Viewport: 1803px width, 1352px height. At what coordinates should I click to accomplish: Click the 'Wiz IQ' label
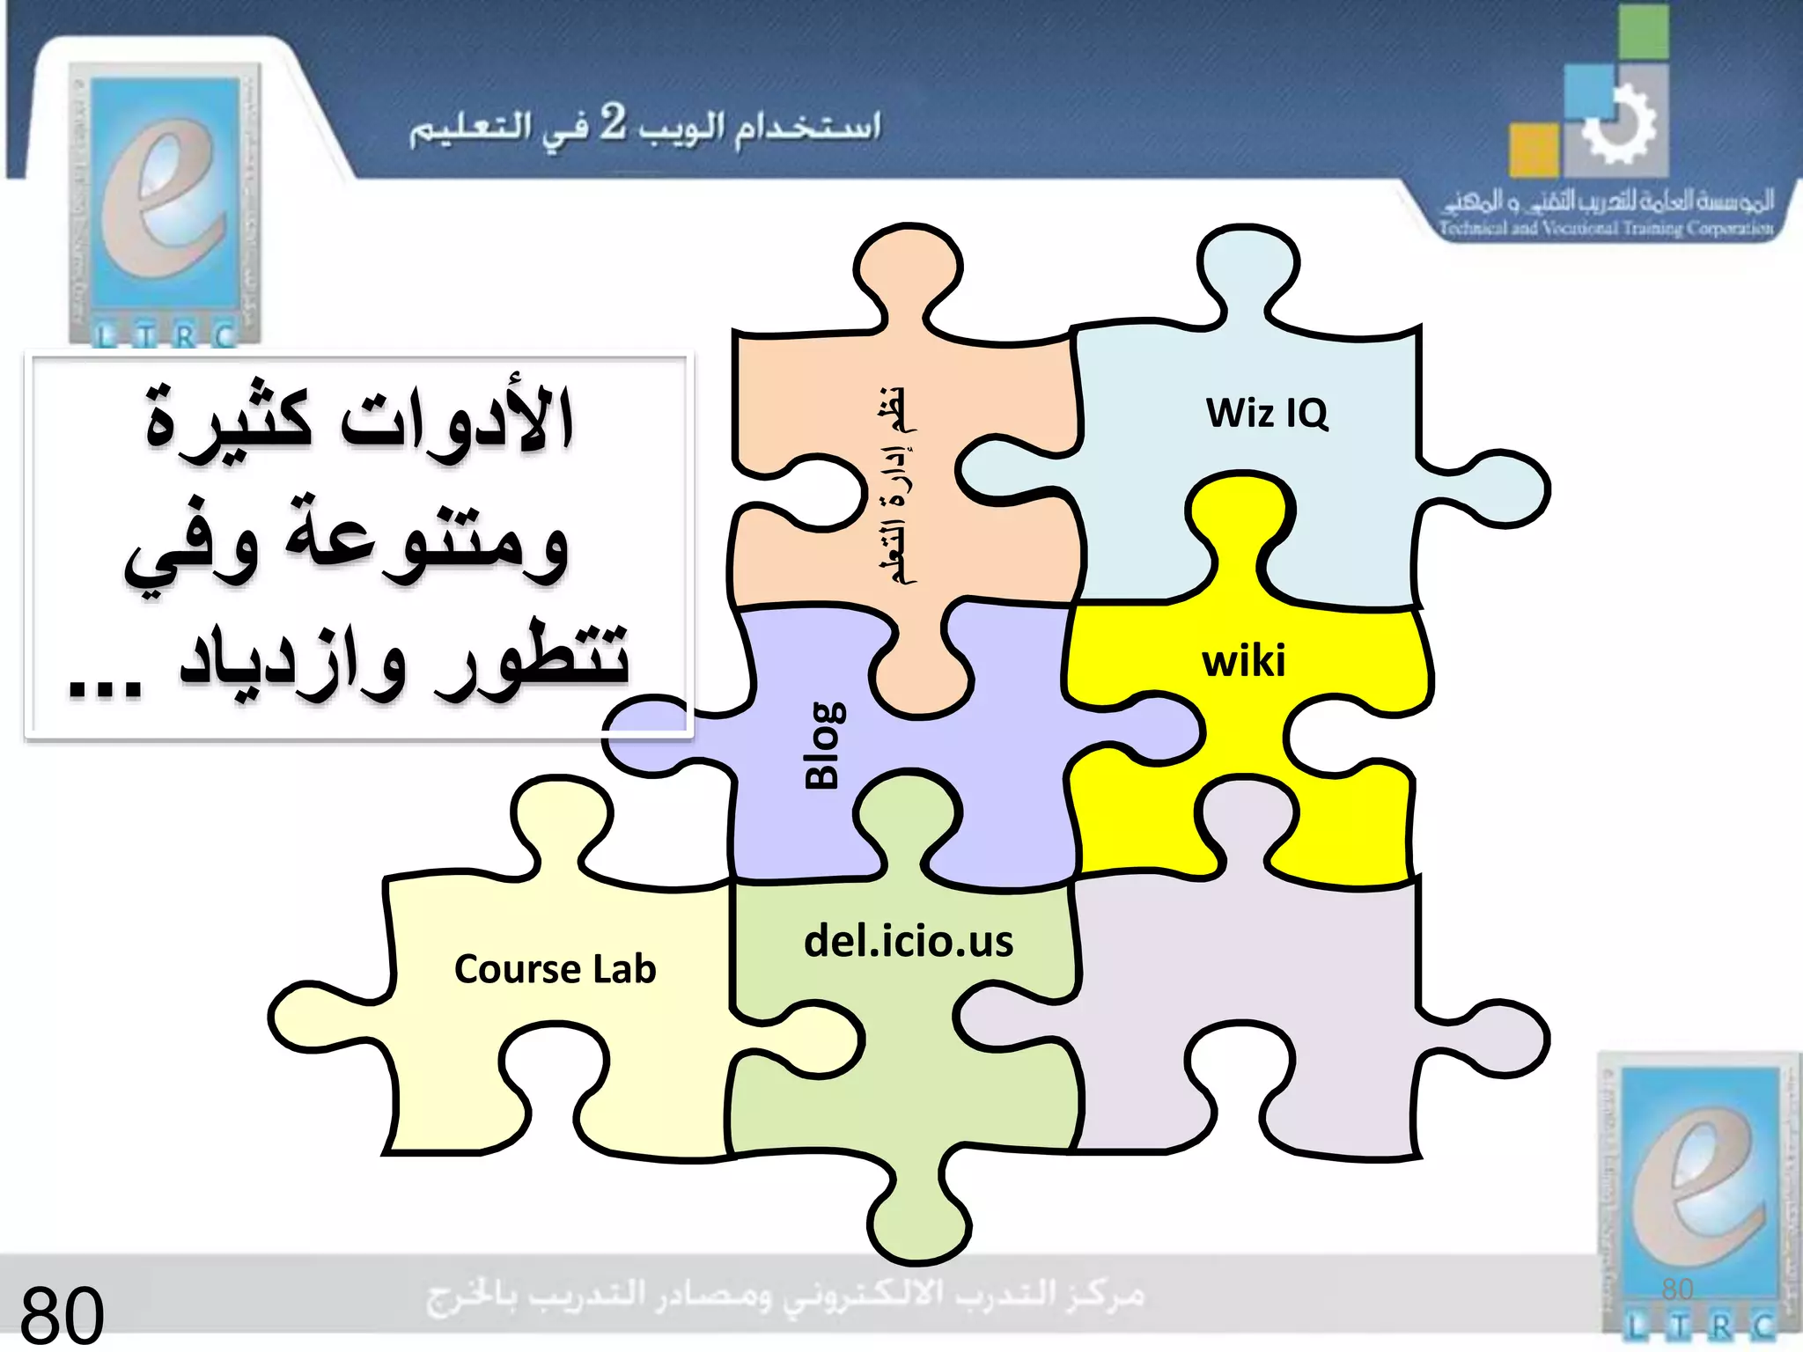point(1266,413)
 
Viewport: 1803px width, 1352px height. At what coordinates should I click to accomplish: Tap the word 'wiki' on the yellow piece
point(1243,660)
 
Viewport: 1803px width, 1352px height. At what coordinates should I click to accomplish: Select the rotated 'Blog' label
point(825,745)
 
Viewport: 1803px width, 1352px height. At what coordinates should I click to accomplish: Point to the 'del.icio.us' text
point(909,941)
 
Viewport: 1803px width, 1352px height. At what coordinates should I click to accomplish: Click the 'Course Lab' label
point(555,969)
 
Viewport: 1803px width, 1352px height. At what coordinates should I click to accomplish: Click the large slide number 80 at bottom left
point(62,1314)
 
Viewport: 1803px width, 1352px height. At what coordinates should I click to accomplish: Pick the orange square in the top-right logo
point(1534,150)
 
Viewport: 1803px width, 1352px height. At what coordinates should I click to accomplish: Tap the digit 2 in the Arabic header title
point(613,122)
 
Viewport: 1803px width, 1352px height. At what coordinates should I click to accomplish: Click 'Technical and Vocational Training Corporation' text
point(1605,228)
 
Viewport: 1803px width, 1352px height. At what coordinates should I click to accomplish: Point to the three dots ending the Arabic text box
point(104,687)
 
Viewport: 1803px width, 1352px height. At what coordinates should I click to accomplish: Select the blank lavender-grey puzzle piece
point(1250,1012)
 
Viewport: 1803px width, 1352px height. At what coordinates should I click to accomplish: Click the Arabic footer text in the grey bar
point(785,1295)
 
